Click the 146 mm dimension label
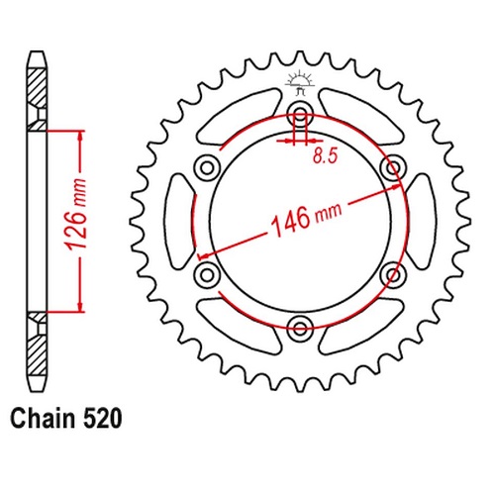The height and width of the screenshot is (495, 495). tap(306, 219)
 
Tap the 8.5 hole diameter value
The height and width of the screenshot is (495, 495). tap(326, 155)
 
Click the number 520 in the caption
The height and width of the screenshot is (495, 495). tap(103, 419)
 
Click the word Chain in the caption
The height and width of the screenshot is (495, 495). tap(43, 419)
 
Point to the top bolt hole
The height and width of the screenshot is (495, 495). tap(300, 115)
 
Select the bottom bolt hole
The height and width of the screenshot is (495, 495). tap(300, 328)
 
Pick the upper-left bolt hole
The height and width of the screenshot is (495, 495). tap(207, 168)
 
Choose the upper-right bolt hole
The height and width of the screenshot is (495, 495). tap(393, 168)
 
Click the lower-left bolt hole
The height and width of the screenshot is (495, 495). tap(207, 274)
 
